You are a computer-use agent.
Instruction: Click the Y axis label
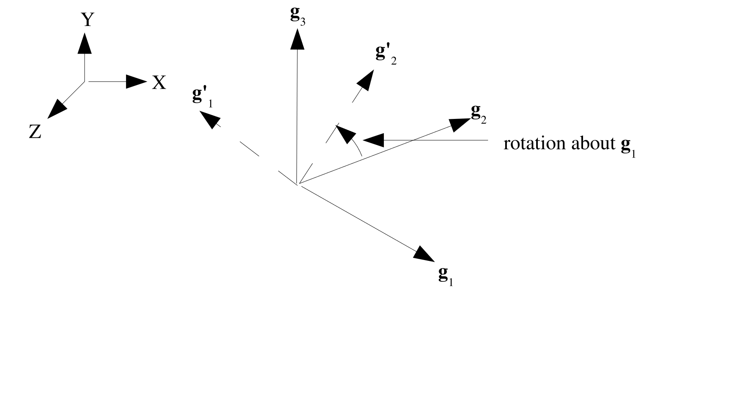[87, 19]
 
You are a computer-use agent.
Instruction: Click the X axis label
[159, 83]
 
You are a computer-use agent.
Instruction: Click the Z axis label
[35, 133]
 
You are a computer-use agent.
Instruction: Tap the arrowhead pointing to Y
[85, 43]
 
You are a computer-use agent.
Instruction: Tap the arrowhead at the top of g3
[297, 41]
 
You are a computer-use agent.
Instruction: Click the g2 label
[478, 113]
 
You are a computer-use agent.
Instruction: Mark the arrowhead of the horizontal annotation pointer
[373, 139]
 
